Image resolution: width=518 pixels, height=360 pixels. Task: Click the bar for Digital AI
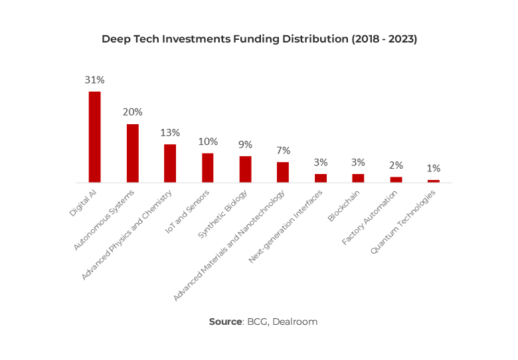click(95, 137)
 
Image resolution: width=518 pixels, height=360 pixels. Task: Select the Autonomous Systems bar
click(133, 153)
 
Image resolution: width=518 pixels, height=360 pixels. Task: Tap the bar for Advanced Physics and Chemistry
click(170, 163)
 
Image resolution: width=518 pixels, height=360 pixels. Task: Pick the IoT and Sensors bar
click(208, 167)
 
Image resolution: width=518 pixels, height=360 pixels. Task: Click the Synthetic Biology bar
click(245, 169)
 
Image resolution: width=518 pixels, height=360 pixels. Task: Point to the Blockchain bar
click(358, 177)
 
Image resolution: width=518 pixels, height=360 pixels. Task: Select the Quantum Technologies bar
click(433, 181)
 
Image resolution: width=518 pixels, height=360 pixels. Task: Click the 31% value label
click(94, 80)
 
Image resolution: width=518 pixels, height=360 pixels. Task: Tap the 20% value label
click(132, 112)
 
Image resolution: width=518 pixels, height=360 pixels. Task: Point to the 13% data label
click(170, 132)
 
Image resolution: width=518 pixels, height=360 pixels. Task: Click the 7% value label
click(283, 151)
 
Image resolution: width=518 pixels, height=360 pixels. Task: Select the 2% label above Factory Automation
click(396, 165)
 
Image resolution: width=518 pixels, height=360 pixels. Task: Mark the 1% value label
click(433, 169)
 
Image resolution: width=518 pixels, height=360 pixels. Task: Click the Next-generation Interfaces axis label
click(286, 226)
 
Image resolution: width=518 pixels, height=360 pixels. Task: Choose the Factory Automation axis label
click(370, 217)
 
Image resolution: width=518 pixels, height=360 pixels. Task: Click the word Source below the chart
click(225, 321)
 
